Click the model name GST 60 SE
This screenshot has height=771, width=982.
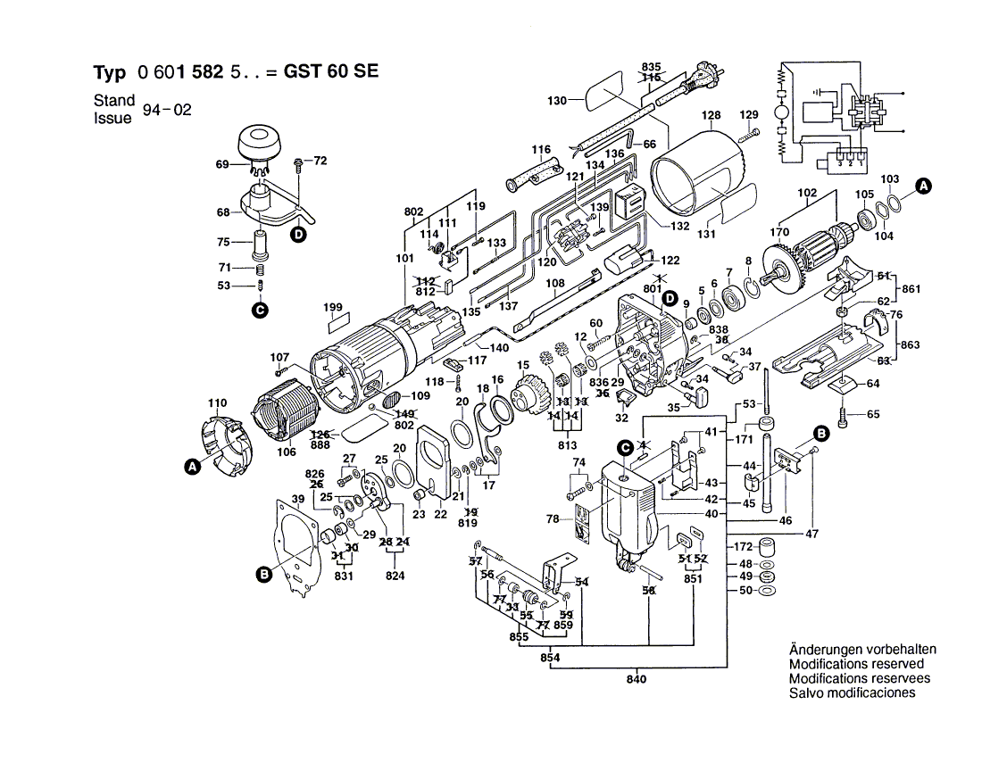point(330,72)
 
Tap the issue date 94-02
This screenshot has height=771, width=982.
point(171,110)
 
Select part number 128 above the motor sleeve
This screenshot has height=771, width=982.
point(711,116)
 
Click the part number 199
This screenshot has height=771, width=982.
point(334,309)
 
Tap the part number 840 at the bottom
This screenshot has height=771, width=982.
point(636,680)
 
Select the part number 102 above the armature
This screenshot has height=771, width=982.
point(807,192)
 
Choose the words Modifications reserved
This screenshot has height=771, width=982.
point(856,665)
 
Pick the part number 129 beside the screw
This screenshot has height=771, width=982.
point(748,115)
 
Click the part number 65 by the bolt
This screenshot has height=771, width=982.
point(872,414)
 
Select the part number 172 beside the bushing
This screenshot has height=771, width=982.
point(743,546)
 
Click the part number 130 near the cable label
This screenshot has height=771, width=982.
point(557,101)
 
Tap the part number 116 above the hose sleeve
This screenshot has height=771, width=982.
point(542,150)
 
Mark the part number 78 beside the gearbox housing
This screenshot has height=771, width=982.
point(553,519)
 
